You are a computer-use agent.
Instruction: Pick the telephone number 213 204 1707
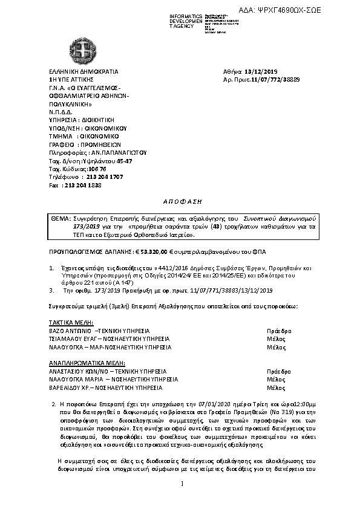tap(105, 177)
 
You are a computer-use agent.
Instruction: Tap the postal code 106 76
tap(89, 169)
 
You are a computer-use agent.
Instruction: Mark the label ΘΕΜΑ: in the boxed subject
tap(59, 216)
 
